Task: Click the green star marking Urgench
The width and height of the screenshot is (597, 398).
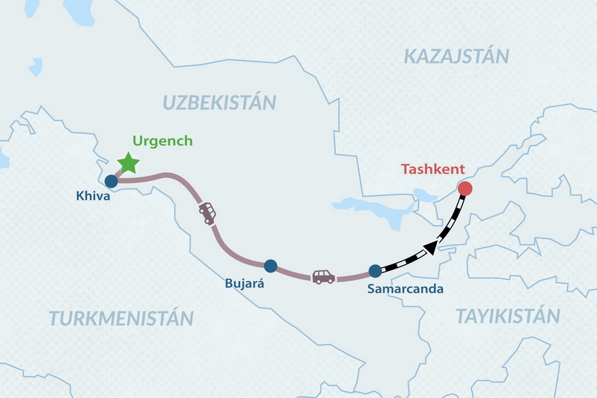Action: click(129, 162)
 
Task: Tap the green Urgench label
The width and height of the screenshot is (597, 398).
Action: click(162, 141)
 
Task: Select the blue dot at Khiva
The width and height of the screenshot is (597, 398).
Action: click(111, 180)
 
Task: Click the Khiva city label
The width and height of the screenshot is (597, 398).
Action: click(94, 197)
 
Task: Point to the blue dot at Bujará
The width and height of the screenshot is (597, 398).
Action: click(271, 266)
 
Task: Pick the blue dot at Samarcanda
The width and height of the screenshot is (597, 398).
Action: click(375, 272)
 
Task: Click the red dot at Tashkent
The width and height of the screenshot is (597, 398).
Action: click(465, 189)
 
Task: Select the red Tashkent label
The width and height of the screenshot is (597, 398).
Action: click(433, 169)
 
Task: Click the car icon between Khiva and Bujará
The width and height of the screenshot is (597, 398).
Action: click(207, 213)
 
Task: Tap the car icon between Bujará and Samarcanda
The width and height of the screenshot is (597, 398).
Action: click(323, 277)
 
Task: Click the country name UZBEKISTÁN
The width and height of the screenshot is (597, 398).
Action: click(220, 102)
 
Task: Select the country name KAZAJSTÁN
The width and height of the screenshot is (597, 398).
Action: click(456, 56)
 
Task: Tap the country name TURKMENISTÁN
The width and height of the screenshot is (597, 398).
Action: click(121, 318)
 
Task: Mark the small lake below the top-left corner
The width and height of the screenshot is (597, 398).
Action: click(35, 67)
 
